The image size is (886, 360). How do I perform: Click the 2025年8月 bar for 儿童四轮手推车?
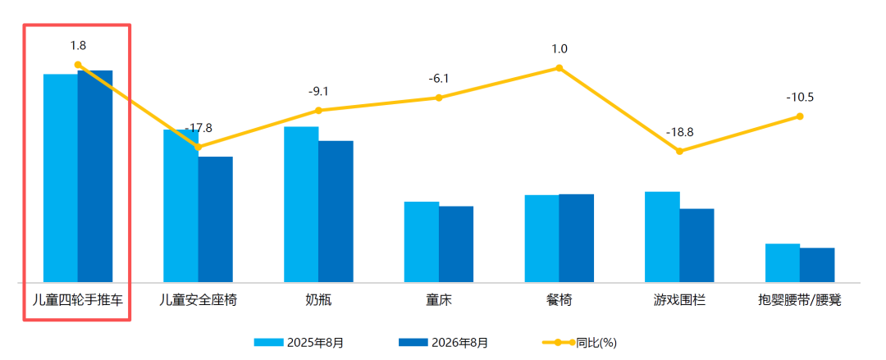click(x=61, y=178)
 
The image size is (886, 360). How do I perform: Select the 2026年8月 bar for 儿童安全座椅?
click(x=215, y=219)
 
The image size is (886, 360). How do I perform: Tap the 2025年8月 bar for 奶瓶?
click(x=301, y=204)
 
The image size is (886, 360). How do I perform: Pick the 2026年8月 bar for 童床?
click(x=456, y=244)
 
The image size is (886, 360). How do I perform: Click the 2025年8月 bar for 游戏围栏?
click(x=662, y=237)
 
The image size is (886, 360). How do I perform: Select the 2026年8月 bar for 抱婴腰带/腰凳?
click(x=817, y=265)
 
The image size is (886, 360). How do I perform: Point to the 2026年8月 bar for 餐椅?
click(x=577, y=238)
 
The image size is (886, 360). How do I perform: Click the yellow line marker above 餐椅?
click(x=559, y=68)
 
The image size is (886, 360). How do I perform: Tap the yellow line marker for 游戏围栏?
click(x=680, y=151)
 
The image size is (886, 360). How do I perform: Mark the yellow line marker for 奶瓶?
click(x=318, y=110)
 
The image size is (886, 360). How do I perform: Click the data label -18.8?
click(x=679, y=132)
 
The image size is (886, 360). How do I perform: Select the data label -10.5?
click(x=800, y=98)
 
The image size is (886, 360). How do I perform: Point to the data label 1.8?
click(x=79, y=46)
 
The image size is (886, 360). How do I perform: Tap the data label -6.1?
click(x=438, y=79)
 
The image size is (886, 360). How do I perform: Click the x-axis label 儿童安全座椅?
click(x=198, y=299)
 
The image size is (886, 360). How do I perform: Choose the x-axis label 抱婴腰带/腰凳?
click(x=800, y=299)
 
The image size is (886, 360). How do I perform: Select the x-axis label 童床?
click(x=438, y=299)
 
